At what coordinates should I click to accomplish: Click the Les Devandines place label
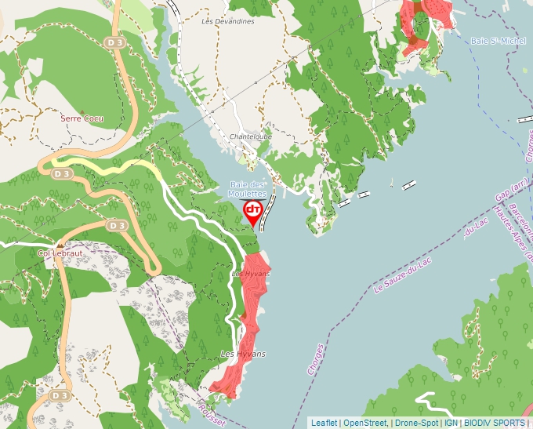click(228, 21)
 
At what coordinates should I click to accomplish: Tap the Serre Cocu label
click(82, 118)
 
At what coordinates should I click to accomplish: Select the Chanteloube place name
click(250, 136)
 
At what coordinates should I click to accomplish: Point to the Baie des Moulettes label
click(248, 189)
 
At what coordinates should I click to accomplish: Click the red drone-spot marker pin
click(253, 211)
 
